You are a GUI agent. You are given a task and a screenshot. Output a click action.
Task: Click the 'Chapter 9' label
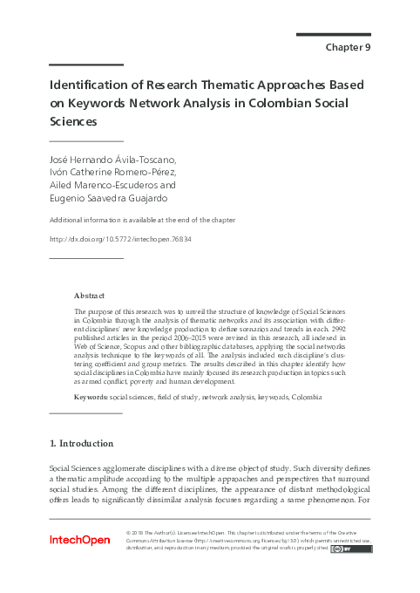tap(348, 47)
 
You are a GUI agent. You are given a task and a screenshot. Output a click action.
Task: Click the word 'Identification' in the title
tap(88, 86)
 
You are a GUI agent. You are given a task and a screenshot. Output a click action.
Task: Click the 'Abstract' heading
tap(90, 296)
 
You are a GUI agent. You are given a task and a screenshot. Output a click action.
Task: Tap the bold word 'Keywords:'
tap(91, 397)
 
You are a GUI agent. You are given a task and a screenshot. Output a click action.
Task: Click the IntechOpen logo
tap(80, 541)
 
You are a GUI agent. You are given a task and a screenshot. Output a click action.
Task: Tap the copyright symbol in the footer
tap(129, 532)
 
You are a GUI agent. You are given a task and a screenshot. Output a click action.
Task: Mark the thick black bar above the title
tap(85, 65)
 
